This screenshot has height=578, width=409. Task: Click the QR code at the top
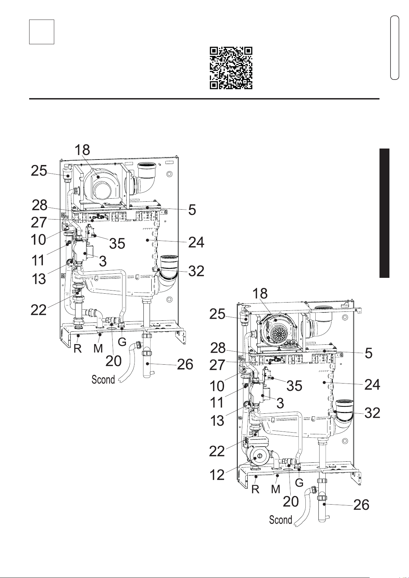pyautogui.click(x=231, y=68)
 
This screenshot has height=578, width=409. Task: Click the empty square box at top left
pyautogui.click(x=42, y=32)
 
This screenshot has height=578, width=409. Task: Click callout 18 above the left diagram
pyautogui.click(x=82, y=150)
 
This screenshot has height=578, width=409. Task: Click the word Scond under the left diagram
pyautogui.click(x=103, y=380)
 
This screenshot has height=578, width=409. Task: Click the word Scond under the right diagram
pyautogui.click(x=280, y=520)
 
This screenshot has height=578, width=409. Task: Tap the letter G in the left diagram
pyautogui.click(x=122, y=342)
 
